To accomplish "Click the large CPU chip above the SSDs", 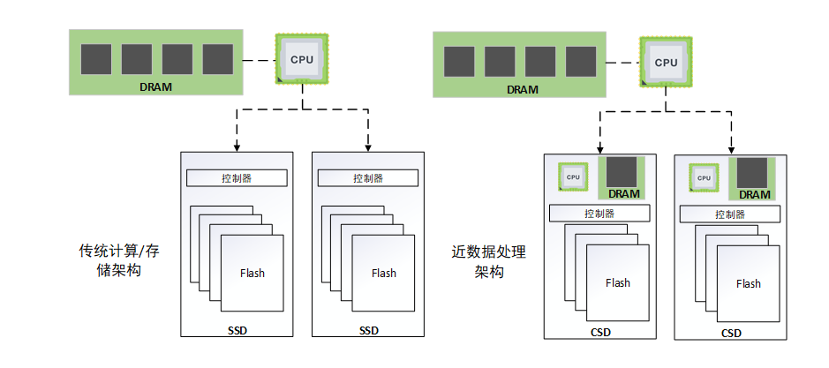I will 302,59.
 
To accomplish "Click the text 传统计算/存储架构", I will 119,261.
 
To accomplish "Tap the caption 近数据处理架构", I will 487,262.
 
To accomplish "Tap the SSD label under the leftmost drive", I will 236,331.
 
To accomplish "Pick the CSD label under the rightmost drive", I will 731,333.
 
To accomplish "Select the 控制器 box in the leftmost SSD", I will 237,177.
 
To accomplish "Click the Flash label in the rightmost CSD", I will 748,283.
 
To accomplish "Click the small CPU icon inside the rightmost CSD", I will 704,178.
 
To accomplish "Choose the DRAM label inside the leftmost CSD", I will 623,194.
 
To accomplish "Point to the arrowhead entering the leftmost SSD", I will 237,146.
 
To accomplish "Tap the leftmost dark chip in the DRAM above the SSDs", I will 96,59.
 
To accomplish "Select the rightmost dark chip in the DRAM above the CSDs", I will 581,62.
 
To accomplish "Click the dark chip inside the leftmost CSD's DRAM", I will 623,171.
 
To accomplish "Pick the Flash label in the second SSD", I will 384,273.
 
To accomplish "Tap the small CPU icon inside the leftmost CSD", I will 573,177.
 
